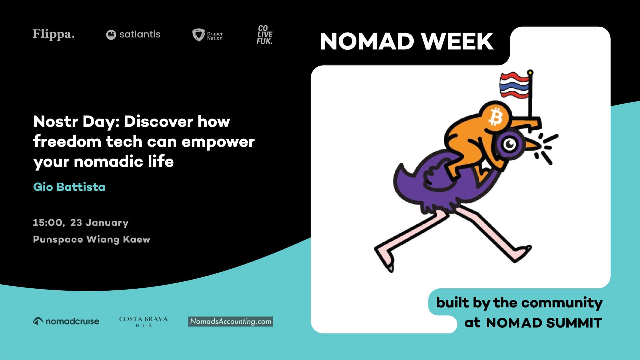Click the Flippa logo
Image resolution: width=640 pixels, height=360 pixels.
(53, 34)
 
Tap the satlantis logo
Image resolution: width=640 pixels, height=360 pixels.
(133, 34)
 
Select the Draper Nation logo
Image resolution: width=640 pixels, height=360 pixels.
(207, 35)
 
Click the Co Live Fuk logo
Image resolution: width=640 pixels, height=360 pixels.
(265, 35)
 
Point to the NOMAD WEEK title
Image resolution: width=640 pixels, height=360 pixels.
(406, 41)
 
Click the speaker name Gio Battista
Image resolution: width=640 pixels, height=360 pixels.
(69, 187)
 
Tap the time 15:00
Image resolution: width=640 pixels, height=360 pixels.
(48, 223)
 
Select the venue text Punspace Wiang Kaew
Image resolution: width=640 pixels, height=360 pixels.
(91, 239)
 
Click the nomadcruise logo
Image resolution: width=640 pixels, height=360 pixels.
(66, 321)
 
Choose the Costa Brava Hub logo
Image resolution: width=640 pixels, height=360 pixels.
(143, 321)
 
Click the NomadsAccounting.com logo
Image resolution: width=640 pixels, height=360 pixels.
(230, 321)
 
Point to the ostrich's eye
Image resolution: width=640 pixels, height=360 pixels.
(509, 144)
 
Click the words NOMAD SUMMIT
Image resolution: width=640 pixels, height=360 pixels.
(544, 323)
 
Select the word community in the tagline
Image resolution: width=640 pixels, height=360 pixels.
(562, 303)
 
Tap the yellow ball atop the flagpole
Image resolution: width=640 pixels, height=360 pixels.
(530, 72)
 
